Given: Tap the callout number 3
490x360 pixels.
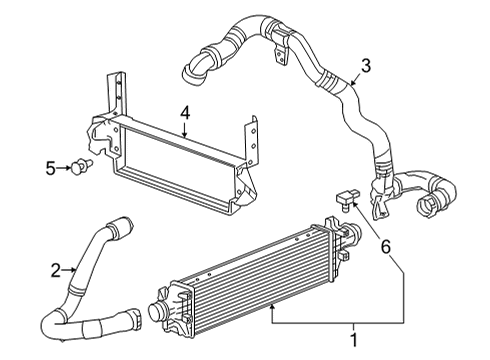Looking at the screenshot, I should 366,66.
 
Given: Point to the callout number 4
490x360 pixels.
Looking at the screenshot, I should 184,115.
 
